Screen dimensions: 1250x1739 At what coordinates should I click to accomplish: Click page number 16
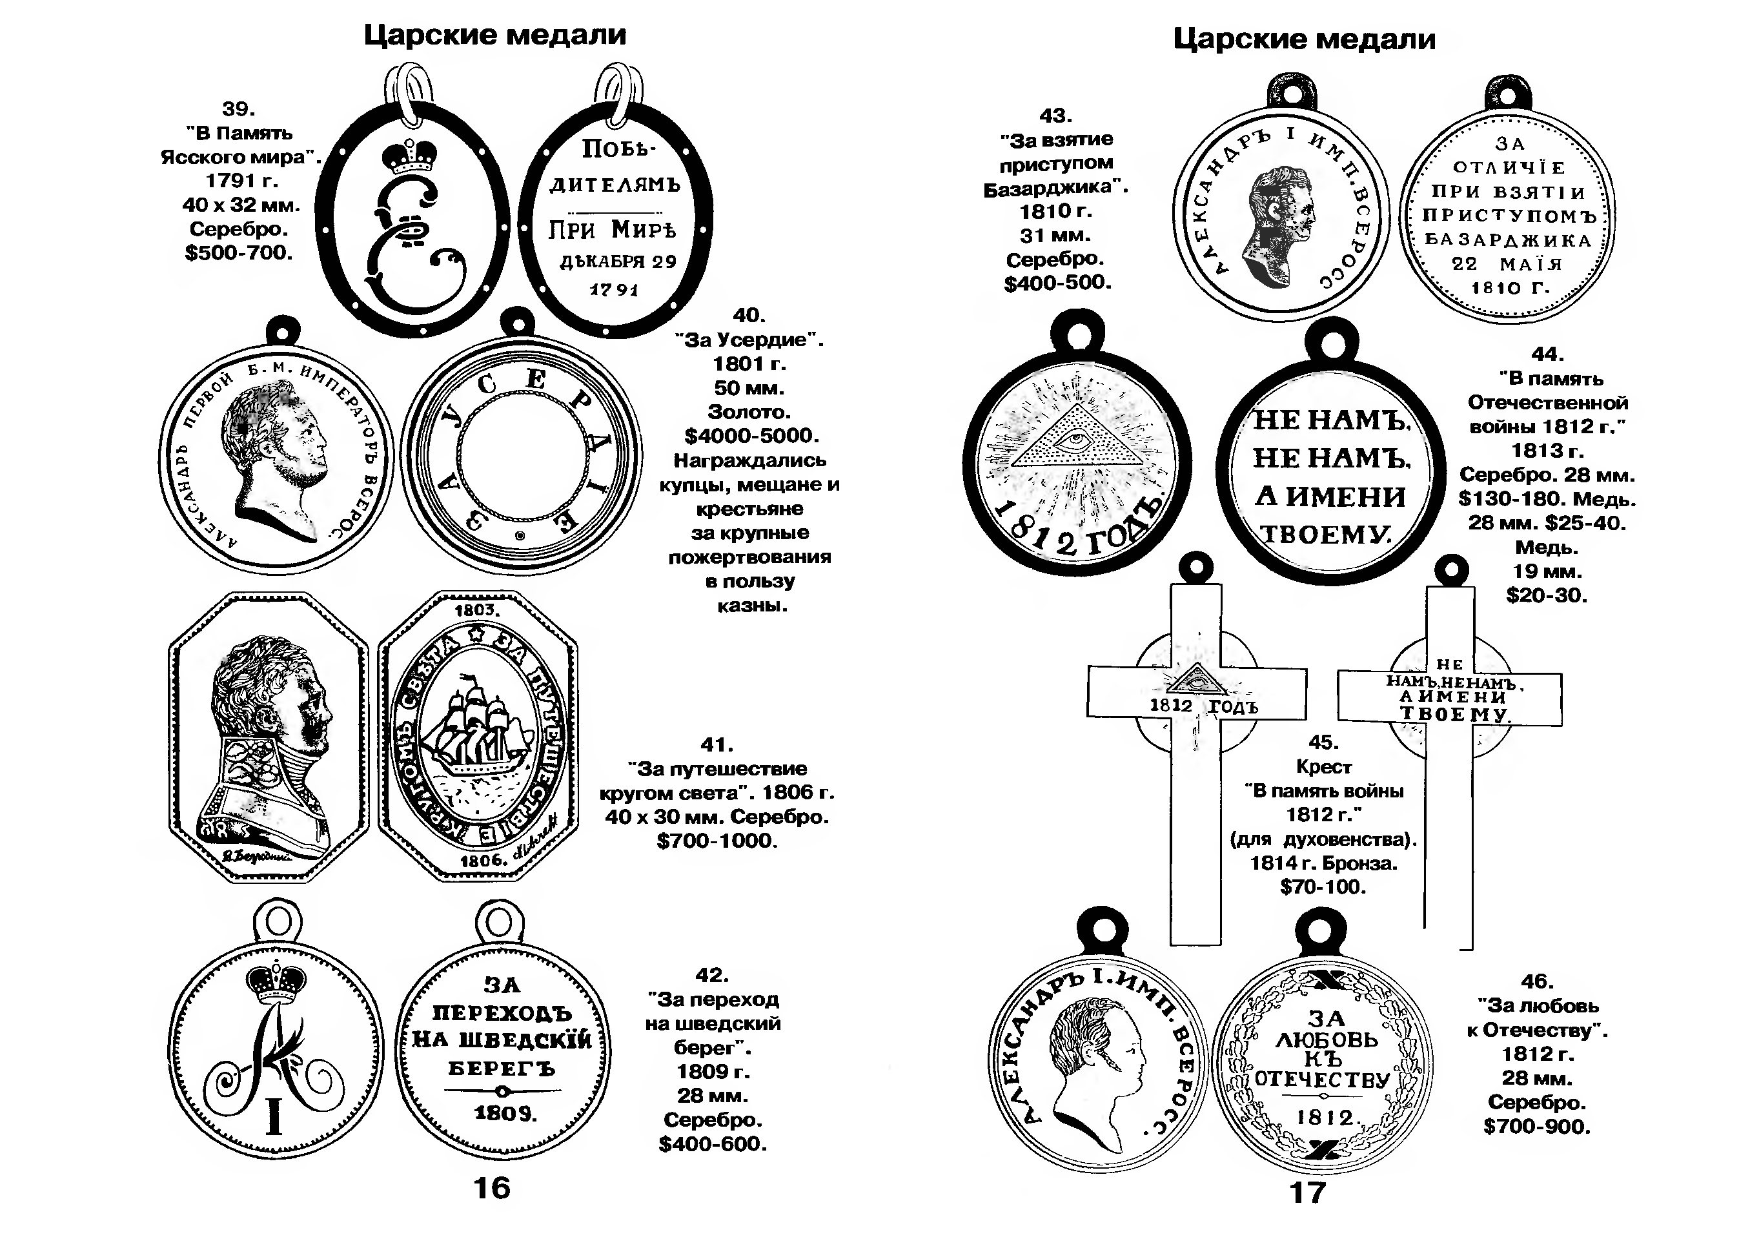tap(491, 1188)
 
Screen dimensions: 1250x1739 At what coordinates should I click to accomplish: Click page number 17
tap(1307, 1193)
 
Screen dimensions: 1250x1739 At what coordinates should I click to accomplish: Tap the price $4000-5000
tap(751, 436)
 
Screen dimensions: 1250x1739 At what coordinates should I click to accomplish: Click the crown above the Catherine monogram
tap(409, 157)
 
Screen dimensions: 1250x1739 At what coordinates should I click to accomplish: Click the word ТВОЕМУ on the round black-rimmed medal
tap(1326, 534)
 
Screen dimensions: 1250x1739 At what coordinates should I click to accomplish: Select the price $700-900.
tap(1536, 1127)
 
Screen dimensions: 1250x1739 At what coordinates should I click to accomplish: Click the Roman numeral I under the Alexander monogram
tap(274, 1116)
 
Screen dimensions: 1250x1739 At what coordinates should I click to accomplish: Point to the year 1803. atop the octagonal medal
tap(476, 610)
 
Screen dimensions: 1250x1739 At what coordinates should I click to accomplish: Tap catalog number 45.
tap(1323, 743)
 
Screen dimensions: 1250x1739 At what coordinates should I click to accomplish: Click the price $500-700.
tap(238, 253)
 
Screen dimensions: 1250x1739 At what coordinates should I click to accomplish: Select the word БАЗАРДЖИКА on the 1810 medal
tap(1507, 240)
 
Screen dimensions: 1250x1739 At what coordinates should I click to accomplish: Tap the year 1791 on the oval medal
tap(613, 290)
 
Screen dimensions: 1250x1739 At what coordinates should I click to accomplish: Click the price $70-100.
tap(1323, 887)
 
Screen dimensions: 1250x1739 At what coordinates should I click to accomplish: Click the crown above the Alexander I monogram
tap(276, 981)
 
